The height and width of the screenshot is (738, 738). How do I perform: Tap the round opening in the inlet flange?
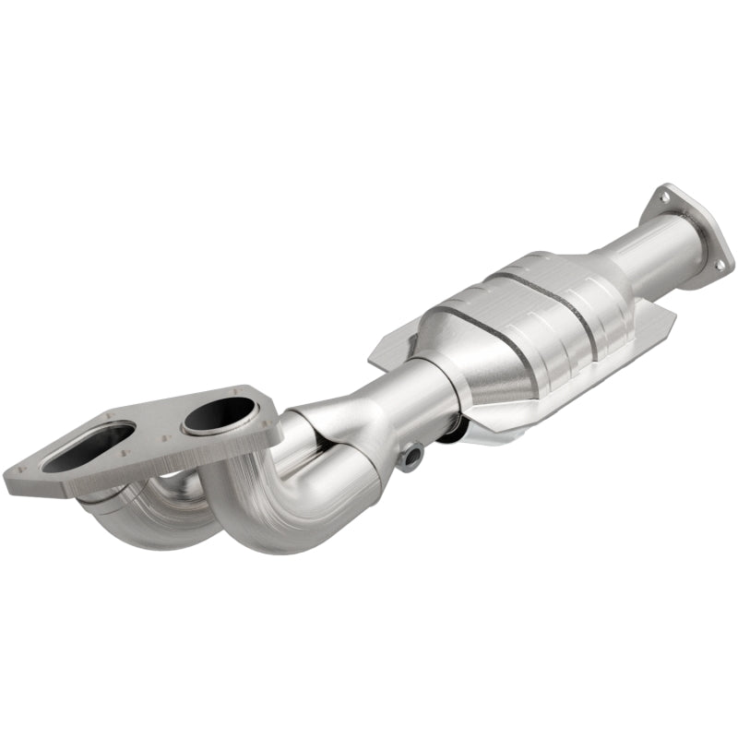coord(219,418)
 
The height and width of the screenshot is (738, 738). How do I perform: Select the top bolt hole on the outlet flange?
coord(661,195)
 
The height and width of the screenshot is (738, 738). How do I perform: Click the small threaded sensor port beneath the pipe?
coord(412,454)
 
